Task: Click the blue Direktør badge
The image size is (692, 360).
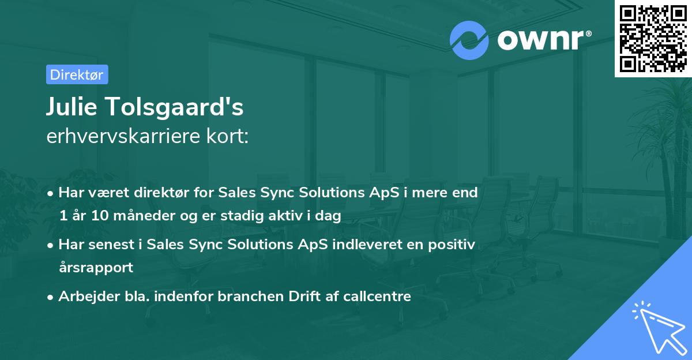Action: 77,74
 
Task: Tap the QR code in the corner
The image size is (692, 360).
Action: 653,38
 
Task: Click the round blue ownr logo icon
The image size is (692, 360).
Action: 469,40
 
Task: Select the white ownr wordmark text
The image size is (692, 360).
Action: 544,40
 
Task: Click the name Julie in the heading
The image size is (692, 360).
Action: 72,106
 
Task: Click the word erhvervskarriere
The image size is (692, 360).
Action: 123,136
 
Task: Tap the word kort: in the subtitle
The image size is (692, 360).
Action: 227,136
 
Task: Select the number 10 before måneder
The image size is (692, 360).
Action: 100,215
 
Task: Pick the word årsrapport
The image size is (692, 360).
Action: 96,268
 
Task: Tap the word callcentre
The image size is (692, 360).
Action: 377,296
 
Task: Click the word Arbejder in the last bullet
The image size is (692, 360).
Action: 89,297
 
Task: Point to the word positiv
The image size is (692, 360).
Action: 452,245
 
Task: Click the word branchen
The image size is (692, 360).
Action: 250,296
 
